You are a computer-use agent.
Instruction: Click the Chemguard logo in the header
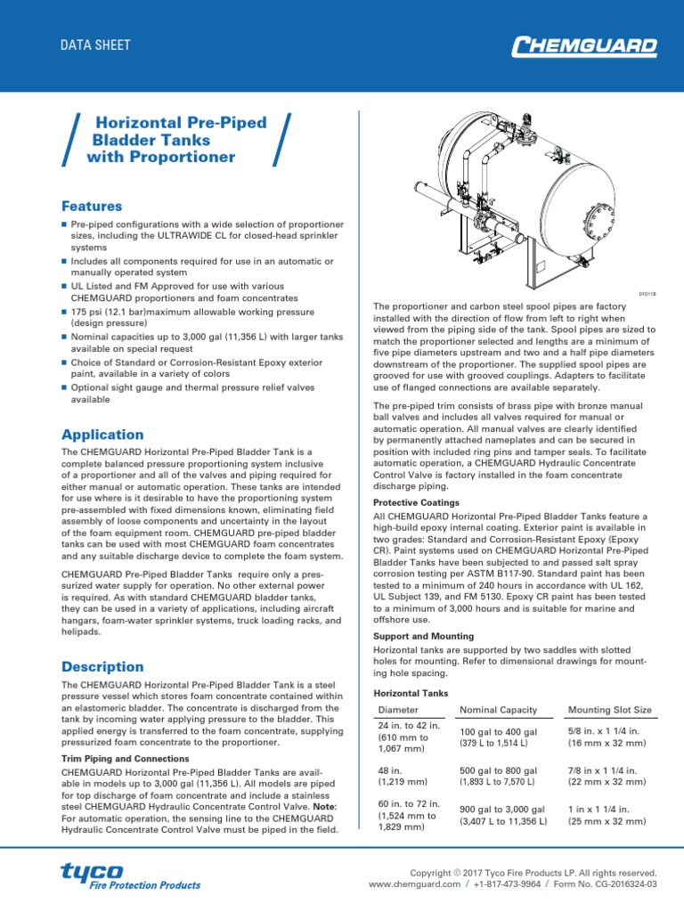point(585,45)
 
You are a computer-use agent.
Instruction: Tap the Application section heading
point(102,435)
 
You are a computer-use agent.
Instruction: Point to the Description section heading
point(102,666)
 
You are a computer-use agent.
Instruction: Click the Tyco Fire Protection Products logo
point(130,875)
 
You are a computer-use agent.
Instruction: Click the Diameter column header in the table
point(398,710)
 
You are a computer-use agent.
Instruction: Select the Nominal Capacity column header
point(498,710)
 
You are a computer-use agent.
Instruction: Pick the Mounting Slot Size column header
point(609,710)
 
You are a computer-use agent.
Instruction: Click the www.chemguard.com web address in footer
point(414,884)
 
